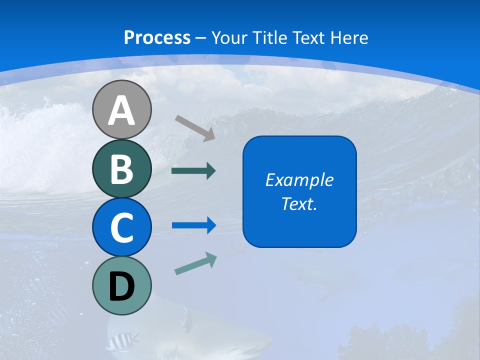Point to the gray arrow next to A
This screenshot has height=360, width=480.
(x=195, y=128)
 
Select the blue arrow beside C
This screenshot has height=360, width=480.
(x=193, y=225)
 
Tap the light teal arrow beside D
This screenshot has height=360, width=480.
(x=195, y=263)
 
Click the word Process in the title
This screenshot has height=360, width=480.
(x=157, y=37)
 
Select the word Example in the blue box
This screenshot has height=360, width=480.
(x=299, y=180)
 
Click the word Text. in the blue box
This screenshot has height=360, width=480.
(x=299, y=204)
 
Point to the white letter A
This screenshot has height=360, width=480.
(x=121, y=111)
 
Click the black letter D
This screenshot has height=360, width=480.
(x=121, y=287)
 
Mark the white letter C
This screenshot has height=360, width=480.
(x=121, y=227)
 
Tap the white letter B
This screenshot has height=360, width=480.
(x=121, y=169)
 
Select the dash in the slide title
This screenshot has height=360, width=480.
(x=201, y=38)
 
